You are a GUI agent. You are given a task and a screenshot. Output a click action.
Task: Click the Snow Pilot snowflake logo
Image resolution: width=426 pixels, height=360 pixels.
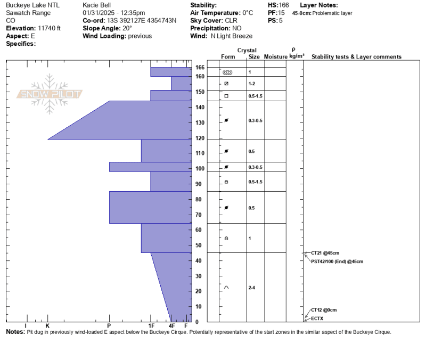pyautogui.click(x=50, y=94)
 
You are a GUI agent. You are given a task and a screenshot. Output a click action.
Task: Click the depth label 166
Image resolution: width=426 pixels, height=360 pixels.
pyautogui.click(x=200, y=68)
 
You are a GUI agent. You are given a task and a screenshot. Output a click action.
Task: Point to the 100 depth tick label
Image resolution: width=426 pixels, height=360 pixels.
pyautogui.click(x=200, y=168)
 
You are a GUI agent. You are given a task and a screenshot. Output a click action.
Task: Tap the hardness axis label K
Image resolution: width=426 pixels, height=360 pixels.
pyautogui.click(x=47, y=326)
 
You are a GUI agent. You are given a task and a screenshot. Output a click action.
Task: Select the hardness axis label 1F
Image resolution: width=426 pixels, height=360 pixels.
pyautogui.click(x=151, y=326)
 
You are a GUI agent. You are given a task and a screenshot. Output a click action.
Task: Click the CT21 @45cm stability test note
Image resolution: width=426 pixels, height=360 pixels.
pyautogui.click(x=325, y=253)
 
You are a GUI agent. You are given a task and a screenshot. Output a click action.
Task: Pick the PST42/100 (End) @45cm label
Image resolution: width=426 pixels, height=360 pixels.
pyautogui.click(x=337, y=261)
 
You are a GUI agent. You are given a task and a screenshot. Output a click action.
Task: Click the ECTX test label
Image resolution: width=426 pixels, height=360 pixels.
pyautogui.click(x=317, y=318)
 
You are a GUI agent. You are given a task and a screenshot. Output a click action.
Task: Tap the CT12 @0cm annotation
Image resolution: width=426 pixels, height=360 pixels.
pyautogui.click(x=324, y=310)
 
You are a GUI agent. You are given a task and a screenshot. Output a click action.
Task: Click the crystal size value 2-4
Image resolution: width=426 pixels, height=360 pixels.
pyautogui.click(x=251, y=288)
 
